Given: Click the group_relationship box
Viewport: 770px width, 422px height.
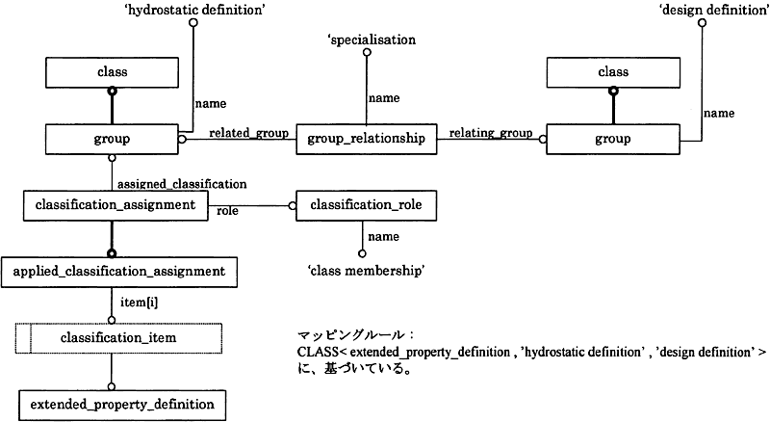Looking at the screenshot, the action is [367, 139].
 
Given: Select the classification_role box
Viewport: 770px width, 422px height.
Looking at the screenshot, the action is [366, 205].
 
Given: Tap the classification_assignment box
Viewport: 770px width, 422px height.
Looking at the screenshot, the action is [115, 205].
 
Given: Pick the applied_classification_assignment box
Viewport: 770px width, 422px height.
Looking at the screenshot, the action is [119, 272].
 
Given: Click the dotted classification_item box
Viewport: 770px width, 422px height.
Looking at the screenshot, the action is [118, 338].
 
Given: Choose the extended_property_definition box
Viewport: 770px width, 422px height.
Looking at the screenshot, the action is [122, 406].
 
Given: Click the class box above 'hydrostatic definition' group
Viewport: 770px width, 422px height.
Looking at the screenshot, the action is [112, 73].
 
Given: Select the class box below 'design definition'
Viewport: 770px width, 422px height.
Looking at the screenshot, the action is [613, 73].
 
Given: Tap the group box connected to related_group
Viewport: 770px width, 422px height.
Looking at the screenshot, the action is [112, 139].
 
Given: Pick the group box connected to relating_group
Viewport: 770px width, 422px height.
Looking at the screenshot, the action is [613, 139].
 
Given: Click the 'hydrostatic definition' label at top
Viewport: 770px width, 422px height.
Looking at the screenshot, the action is [195, 10].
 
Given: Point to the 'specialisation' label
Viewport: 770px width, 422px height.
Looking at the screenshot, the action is [372, 40].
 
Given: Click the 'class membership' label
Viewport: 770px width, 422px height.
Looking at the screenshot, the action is [366, 271].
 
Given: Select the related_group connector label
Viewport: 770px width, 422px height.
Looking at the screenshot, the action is [248, 133].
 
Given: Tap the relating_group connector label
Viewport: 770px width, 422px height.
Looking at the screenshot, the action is [491, 133].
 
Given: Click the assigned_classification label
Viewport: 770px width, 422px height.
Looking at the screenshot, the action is [182, 184].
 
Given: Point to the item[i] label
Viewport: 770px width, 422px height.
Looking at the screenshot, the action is [139, 302].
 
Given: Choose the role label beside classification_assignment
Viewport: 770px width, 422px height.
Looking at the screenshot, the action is [227, 211].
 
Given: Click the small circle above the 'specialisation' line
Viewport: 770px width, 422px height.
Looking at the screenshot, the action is [367, 53].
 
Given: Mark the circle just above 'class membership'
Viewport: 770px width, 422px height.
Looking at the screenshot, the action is [362, 253].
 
